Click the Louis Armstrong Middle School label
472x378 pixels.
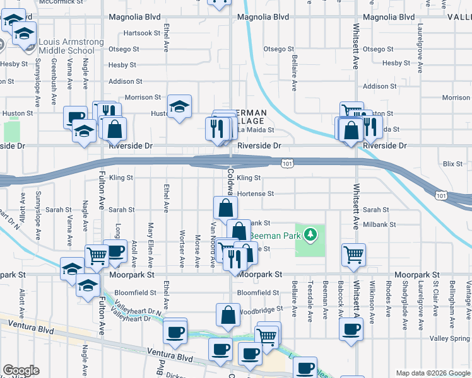coord(71,46)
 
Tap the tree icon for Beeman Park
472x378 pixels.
coord(309,235)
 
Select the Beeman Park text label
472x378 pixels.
coord(272,236)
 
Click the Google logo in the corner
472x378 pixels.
coord(21,370)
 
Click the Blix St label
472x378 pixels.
coord(452,164)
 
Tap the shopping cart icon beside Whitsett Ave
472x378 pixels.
coord(353,255)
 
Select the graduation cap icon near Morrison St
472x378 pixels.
coord(179,106)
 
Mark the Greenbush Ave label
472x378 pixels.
coord(54,82)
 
